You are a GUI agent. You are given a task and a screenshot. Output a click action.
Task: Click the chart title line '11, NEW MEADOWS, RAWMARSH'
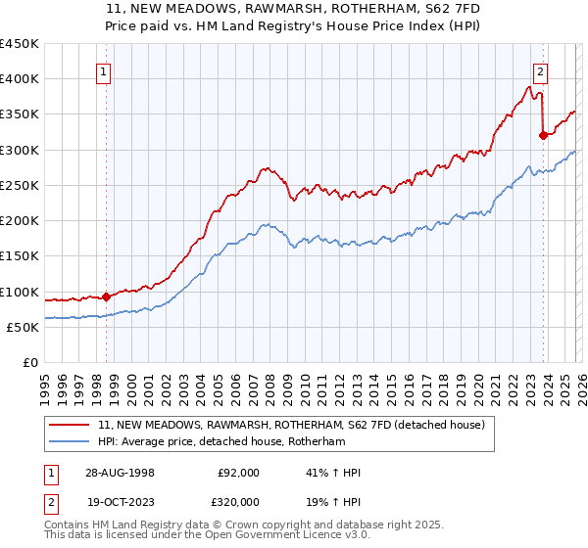coord(293,10)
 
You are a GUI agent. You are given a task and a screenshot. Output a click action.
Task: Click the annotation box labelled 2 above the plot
coord(540,70)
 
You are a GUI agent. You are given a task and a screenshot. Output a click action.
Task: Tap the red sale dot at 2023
coord(543,136)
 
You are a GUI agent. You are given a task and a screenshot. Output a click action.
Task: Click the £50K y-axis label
coord(24,327)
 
